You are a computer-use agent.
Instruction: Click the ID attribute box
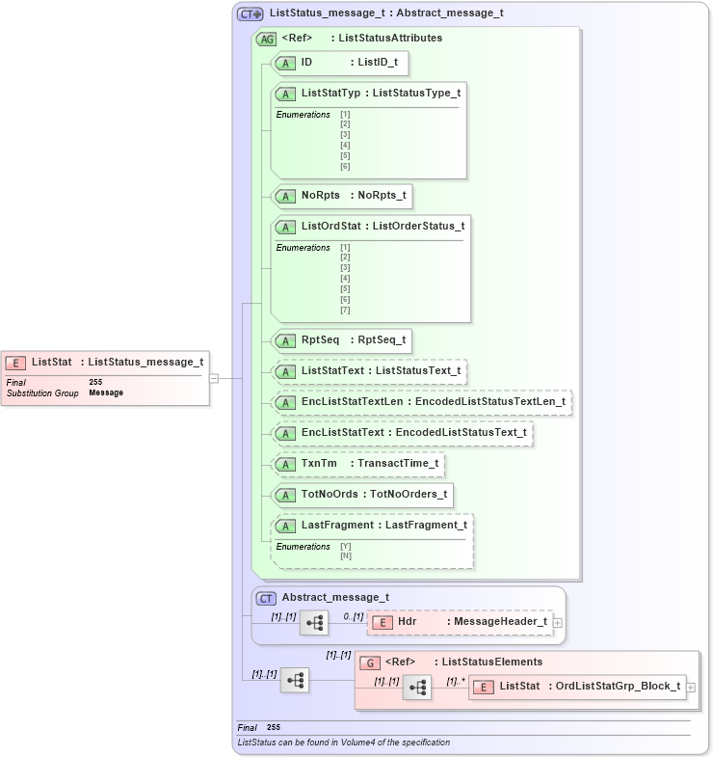pyautogui.click(x=340, y=63)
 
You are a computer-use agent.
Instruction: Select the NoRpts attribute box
pyautogui.click(x=342, y=196)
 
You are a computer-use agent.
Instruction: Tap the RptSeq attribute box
pyautogui.click(x=342, y=340)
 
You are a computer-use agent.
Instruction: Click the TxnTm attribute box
pyautogui.click(x=359, y=464)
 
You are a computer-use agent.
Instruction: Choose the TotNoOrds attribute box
pyautogui.click(x=362, y=495)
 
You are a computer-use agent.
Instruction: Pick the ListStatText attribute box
pyautogui.click(x=371, y=371)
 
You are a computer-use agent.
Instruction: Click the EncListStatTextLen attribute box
pyautogui.click(x=422, y=402)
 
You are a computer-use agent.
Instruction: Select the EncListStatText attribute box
pyautogui.click(x=402, y=433)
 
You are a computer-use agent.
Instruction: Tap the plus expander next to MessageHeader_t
pyautogui.click(x=558, y=623)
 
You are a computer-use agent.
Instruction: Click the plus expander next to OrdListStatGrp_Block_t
pyautogui.click(x=690, y=688)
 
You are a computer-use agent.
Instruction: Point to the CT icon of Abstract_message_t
pyautogui.click(x=266, y=598)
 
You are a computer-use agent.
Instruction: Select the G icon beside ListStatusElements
pyautogui.click(x=369, y=662)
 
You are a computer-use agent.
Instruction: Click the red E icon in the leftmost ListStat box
pyautogui.click(x=15, y=363)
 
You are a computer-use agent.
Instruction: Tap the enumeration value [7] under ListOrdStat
pyautogui.click(x=345, y=310)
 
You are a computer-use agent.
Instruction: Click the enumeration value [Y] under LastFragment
pyautogui.click(x=345, y=547)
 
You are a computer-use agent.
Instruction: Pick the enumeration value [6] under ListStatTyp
pyautogui.click(x=345, y=166)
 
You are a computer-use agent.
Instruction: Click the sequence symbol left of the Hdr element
pyautogui.click(x=314, y=623)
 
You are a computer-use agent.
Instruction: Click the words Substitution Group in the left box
pyautogui.click(x=42, y=393)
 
